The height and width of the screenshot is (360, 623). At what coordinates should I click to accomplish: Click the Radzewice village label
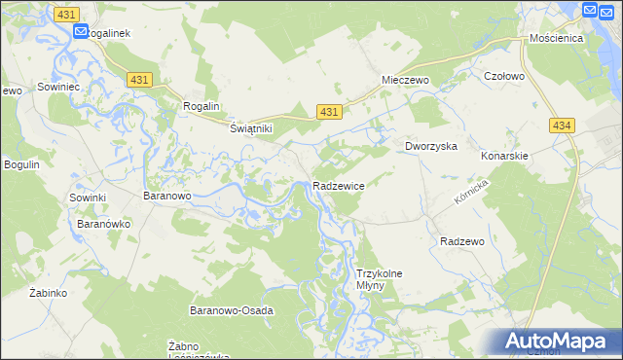tap(338, 185)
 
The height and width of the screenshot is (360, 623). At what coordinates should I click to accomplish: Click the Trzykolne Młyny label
tap(380, 280)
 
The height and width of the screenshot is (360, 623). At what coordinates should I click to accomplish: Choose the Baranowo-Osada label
tap(231, 310)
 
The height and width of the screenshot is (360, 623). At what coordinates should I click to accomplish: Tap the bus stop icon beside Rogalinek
tap(80, 30)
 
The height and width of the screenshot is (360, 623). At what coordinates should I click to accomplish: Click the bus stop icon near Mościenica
tap(590, 11)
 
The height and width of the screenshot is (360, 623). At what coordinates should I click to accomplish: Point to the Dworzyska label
tap(431, 146)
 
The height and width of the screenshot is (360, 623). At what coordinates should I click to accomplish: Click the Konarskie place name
tap(504, 156)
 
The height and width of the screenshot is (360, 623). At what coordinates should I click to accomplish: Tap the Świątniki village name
tap(250, 128)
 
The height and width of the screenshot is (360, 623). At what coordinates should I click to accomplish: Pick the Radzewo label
tap(462, 241)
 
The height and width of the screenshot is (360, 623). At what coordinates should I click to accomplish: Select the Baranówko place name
tap(104, 223)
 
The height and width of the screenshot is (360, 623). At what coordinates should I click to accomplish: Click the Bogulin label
tap(21, 164)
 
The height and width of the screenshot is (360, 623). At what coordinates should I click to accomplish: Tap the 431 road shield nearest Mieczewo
tap(329, 113)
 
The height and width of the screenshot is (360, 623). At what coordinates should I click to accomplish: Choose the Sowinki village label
tap(87, 198)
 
